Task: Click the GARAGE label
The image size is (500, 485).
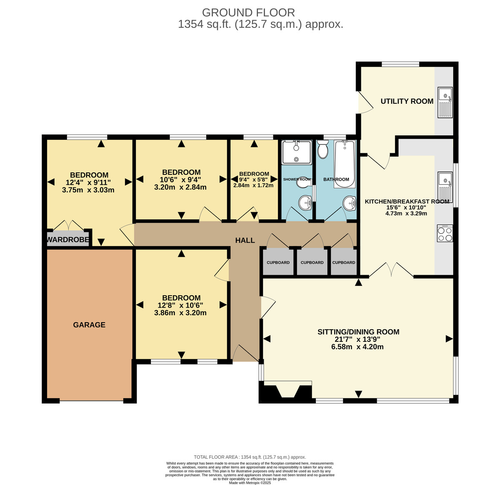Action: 89,325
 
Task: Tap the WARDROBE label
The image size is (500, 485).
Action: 68,240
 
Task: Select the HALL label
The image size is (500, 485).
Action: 245,240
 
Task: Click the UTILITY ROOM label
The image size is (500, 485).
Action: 407,101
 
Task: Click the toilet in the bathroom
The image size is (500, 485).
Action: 323,149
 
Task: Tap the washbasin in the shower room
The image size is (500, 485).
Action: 305,203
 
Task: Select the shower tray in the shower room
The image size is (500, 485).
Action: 297,152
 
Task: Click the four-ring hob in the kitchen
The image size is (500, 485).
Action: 445,234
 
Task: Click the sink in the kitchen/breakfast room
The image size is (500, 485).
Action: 445,187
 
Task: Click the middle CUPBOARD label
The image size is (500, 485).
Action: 312,262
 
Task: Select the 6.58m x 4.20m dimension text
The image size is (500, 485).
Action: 357,347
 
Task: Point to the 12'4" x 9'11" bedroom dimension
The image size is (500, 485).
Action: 88,182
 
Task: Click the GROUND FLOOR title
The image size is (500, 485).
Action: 248,12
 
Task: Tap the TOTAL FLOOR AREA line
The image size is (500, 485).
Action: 250,457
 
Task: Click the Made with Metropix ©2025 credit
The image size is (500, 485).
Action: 250,483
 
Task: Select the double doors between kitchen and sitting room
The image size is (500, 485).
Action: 391,270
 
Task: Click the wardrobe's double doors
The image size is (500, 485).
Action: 68,225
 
